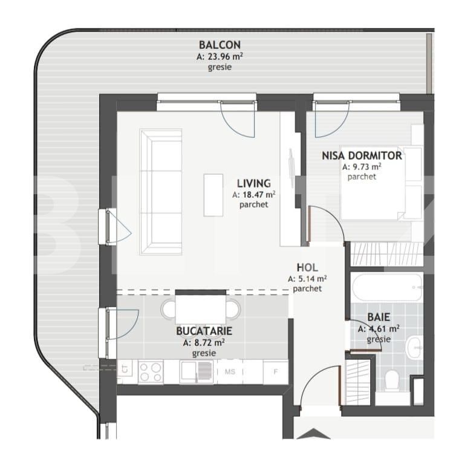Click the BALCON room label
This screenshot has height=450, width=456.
pyautogui.click(x=220, y=45)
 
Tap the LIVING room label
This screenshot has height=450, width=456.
pyautogui.click(x=253, y=183)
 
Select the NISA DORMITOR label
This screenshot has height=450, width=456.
pyautogui.click(x=362, y=155)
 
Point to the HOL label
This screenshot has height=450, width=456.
pyautogui.click(x=307, y=268)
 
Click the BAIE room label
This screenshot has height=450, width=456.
pyautogui.click(x=378, y=317)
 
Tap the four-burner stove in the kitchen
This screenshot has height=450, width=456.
pyautogui.click(x=151, y=371)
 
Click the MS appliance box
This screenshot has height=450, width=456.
pyautogui.click(x=230, y=371)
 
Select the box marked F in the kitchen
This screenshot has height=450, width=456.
pyautogui.click(x=275, y=371)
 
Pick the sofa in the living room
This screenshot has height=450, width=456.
pyautogui.click(x=160, y=192)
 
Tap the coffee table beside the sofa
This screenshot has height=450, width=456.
pyautogui.click(x=213, y=194)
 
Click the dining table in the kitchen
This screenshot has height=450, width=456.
pyautogui.click(x=201, y=309)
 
